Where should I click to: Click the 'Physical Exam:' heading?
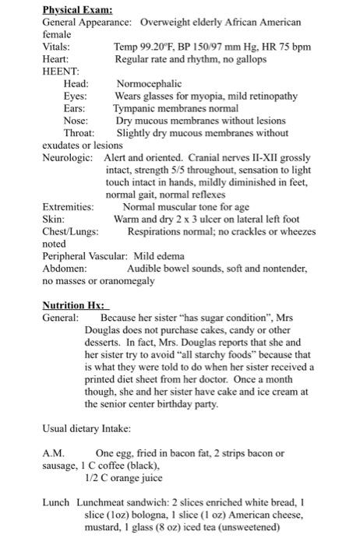77,10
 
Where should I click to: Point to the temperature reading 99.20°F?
159,47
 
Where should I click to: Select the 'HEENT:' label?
60,72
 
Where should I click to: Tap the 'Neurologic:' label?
69,158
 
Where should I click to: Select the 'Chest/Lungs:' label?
70,232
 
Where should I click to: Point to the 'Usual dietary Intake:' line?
87,429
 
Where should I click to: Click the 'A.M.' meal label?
53,453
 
